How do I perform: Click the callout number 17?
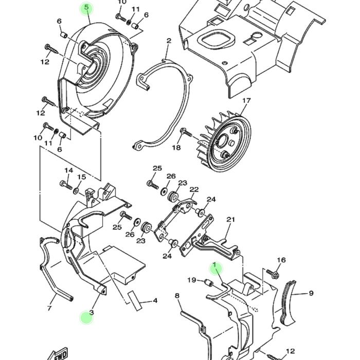(246, 101)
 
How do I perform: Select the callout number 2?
(168, 41)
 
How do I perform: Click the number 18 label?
(176, 148)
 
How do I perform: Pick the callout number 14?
(68, 171)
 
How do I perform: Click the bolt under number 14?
(65, 183)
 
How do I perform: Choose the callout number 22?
(193, 190)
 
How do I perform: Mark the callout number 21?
(230, 220)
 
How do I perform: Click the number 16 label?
(281, 260)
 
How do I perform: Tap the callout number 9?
(311, 294)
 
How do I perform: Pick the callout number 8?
(177, 296)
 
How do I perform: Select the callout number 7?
(49, 309)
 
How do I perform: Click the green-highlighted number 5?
(86, 8)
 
